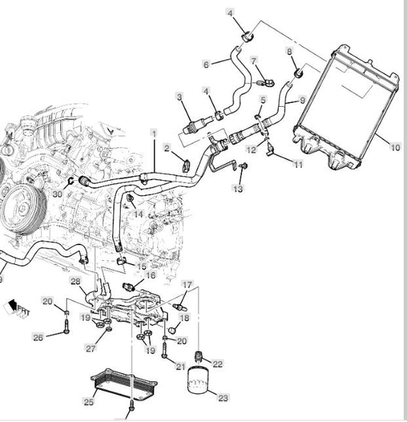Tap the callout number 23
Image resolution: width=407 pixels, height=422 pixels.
(x=223, y=397)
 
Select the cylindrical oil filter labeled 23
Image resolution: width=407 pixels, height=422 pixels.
(x=202, y=379)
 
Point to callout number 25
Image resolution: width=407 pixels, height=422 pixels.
(x=89, y=401)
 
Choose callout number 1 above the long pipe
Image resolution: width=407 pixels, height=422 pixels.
(x=153, y=133)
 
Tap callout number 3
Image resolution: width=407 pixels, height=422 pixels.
(x=179, y=96)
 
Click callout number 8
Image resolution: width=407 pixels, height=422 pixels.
(x=289, y=51)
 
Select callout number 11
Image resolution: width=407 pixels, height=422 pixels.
(x=298, y=164)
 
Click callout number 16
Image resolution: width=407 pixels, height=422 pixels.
(x=151, y=275)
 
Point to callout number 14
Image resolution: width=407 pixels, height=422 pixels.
(x=139, y=214)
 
